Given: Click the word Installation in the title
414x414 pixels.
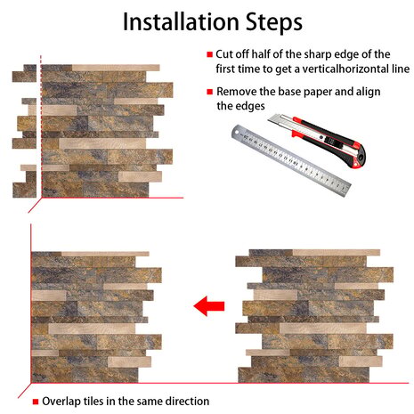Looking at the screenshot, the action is pos(181,21).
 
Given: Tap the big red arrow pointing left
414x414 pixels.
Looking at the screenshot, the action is pos(209,306).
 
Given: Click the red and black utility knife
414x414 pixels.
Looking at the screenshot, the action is pos(317,140).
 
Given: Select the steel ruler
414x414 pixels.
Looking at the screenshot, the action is pos(291,160).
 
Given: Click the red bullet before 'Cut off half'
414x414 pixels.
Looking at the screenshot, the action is pos(210,54).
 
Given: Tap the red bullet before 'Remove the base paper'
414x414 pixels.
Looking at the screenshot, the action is pos(210,92).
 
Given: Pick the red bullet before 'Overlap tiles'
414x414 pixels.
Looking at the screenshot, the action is pos(36,402).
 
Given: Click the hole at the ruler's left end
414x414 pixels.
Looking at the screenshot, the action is pos(237,131).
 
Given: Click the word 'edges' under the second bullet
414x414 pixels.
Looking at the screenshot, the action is pos(250,106).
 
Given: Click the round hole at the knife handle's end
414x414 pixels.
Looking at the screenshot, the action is pos(360,158).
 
